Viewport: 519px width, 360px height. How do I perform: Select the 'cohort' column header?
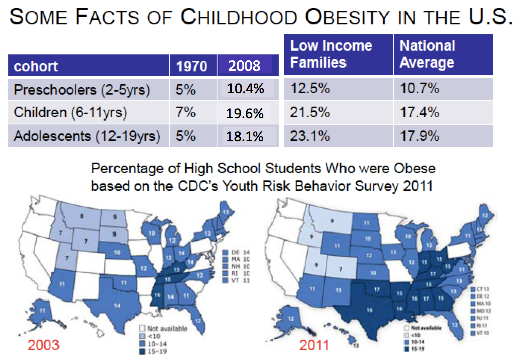(36, 66)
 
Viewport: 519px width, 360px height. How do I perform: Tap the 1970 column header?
(192, 66)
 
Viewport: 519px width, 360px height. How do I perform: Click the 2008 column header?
(245, 66)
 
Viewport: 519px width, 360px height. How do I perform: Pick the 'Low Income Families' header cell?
(331, 54)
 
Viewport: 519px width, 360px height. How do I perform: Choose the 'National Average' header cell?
(428, 54)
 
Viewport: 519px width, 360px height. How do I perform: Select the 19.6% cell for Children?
(246, 113)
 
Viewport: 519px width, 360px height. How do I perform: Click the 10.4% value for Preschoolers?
(246, 90)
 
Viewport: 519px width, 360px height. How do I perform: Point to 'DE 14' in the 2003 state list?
(237, 251)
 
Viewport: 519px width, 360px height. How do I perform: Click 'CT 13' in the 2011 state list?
(483, 290)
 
